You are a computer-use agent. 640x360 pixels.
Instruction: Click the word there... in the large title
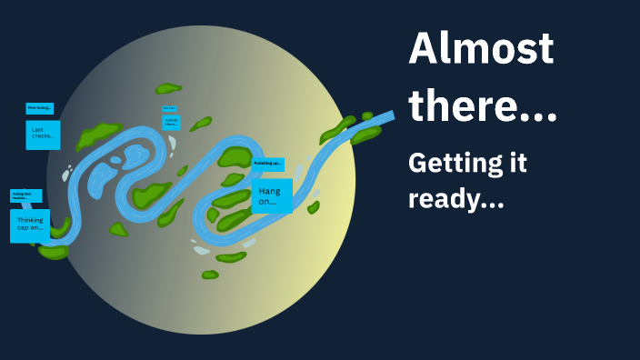[x=483, y=107]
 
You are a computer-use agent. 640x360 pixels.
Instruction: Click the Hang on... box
[x=272, y=195]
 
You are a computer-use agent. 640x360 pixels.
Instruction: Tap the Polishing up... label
[x=268, y=164]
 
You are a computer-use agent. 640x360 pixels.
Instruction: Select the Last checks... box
[x=43, y=135]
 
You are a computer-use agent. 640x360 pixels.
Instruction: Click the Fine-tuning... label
[x=39, y=108]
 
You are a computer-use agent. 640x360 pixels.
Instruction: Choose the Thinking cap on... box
[x=30, y=225]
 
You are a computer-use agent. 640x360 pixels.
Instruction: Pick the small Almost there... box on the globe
[x=171, y=123]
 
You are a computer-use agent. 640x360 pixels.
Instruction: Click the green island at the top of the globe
[x=168, y=89]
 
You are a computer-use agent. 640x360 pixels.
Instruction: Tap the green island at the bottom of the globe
[x=210, y=274]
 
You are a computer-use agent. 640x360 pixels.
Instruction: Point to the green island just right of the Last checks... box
[x=97, y=135]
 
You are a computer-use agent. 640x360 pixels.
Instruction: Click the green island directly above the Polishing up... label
[x=236, y=155]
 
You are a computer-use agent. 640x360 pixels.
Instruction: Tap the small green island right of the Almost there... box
[x=200, y=123]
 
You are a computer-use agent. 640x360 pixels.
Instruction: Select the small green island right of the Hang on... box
[x=314, y=207]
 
